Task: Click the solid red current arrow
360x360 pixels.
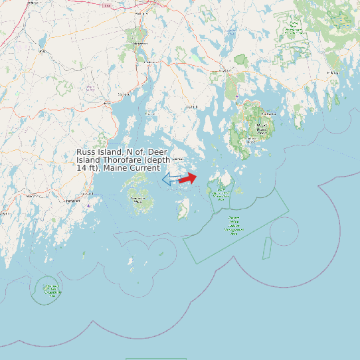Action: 188,178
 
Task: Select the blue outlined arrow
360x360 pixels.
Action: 169,179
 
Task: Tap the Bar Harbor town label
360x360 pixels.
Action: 269,114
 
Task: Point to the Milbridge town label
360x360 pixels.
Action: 332,72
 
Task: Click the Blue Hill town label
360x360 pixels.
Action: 192,106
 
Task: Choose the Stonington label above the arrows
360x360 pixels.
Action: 177,159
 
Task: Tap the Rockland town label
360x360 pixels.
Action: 73,201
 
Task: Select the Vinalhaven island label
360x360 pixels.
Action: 138,199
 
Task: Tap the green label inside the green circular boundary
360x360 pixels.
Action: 50,289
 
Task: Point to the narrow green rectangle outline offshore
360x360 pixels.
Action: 267,248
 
